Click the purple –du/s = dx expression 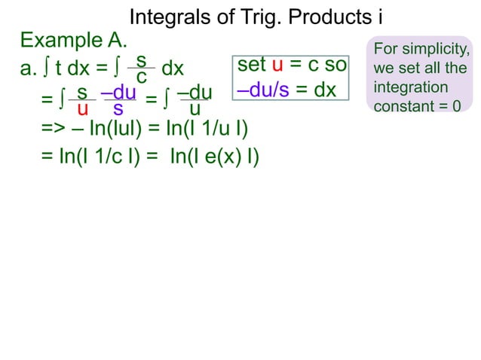pyautogui.click(x=286, y=90)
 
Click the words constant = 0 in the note pyautogui.click(x=417, y=106)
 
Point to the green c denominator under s pyautogui.click(x=141, y=78)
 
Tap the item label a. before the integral pyautogui.click(x=28, y=69)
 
